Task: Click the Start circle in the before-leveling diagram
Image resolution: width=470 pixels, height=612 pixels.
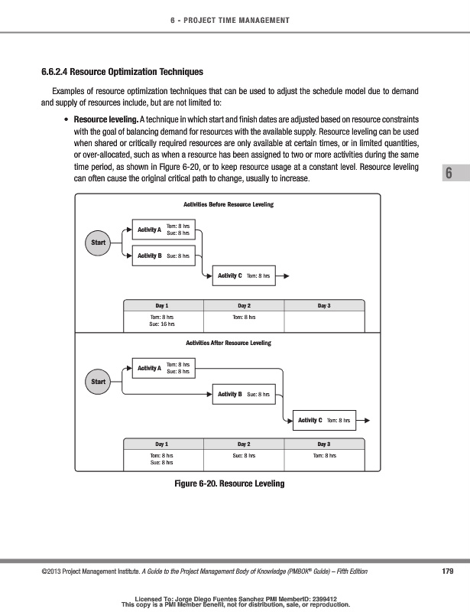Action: pos(98,243)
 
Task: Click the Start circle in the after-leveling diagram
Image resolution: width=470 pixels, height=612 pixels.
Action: pos(98,381)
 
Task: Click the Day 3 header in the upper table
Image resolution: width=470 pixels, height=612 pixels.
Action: pos(324,306)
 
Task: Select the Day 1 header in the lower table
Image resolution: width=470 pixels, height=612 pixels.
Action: pos(162,444)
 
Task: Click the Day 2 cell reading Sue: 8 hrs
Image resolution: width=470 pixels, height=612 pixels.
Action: pos(244,455)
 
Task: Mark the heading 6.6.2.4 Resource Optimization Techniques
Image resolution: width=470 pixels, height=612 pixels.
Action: pos(122,73)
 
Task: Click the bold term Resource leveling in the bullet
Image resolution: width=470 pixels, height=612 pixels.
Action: pos(105,120)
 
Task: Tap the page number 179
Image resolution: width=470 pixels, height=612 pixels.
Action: pos(449,571)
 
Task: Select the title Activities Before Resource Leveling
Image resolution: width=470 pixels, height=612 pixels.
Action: pos(229,205)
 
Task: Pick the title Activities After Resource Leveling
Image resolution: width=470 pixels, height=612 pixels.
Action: pos(229,343)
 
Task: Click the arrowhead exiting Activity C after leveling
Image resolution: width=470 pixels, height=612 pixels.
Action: pos(368,420)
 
